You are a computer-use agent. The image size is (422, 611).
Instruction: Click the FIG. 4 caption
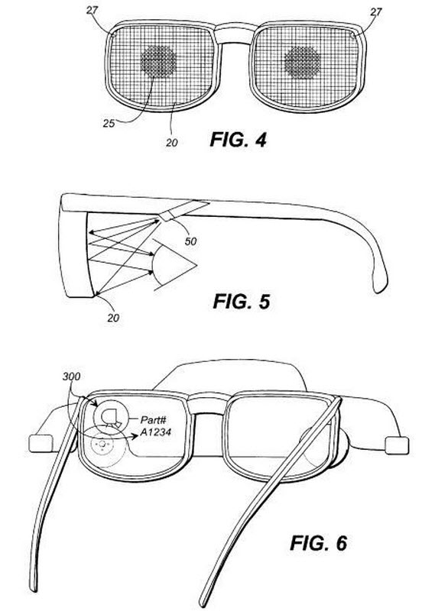tap(238, 140)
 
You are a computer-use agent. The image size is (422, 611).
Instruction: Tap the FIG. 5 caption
tap(241, 302)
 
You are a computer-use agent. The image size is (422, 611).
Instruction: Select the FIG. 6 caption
tap(318, 543)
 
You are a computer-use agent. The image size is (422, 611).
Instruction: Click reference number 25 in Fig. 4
tap(109, 123)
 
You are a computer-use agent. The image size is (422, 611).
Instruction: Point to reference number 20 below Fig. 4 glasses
tap(171, 143)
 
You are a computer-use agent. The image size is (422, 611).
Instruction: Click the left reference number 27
tap(92, 10)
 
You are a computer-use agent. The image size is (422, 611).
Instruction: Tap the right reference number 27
tap(376, 11)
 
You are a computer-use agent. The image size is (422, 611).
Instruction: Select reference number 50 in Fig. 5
tap(190, 241)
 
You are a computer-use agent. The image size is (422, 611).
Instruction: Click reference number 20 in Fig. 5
tap(113, 318)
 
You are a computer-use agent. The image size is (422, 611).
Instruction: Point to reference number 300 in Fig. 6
tap(71, 377)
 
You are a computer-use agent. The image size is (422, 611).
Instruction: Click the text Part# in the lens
tap(153, 420)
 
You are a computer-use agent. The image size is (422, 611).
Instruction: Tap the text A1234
tap(156, 432)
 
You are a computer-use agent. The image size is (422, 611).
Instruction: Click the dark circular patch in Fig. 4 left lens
tap(158, 61)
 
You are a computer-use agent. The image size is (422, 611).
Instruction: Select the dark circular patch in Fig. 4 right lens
tap(302, 63)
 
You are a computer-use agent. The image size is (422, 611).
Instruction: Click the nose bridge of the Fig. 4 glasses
tap(234, 34)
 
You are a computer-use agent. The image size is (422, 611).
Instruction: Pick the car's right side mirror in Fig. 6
tap(397, 445)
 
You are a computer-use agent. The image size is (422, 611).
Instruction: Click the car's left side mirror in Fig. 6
tap(41, 443)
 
